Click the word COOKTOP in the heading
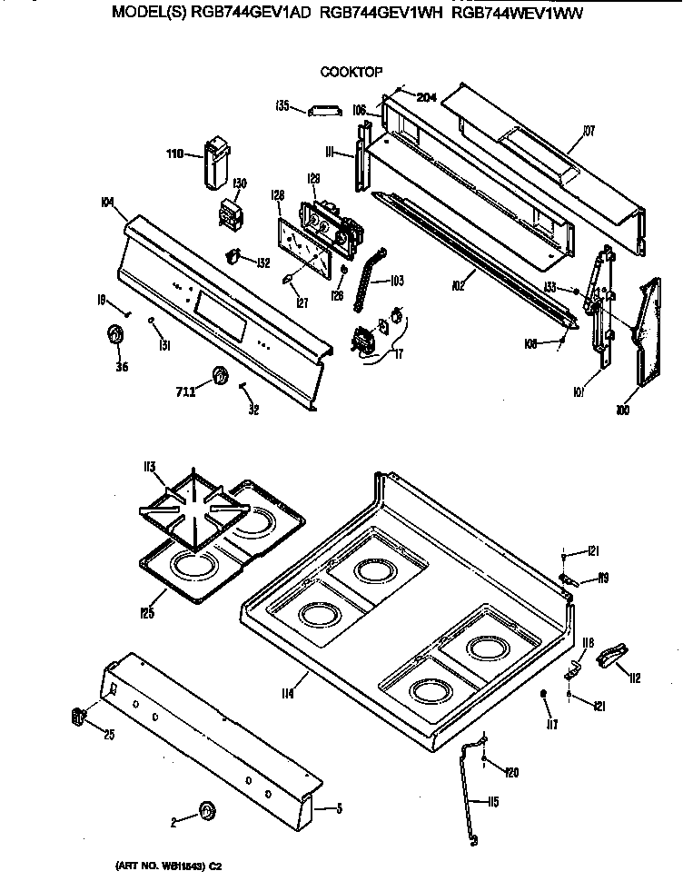point(350,71)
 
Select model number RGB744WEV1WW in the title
point(517,14)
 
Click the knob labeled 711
point(218,376)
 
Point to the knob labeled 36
point(115,335)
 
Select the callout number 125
point(147,612)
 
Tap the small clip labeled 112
point(611,653)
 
